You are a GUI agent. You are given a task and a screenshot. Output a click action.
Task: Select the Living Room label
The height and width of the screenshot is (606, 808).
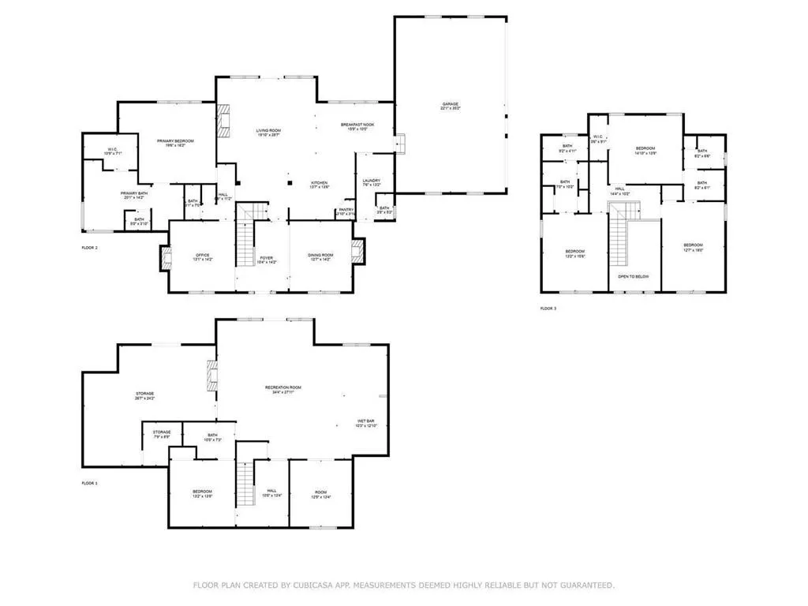268,132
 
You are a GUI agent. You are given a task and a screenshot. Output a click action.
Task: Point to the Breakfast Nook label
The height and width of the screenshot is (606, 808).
357,125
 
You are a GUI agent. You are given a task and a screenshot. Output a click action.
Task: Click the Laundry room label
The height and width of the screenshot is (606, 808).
371,182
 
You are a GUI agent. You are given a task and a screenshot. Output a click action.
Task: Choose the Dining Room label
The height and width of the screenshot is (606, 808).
320,256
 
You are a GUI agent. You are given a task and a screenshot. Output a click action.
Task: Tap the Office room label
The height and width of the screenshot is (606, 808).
201,256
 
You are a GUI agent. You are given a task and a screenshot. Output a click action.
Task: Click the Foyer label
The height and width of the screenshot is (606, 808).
267,256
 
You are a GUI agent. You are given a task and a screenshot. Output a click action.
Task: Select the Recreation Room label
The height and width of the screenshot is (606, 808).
282,389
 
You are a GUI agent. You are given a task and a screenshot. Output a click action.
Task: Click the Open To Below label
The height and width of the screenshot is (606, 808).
634,277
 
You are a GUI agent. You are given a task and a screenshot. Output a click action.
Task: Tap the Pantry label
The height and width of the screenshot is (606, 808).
346,211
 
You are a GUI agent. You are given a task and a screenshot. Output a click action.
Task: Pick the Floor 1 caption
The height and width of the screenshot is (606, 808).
89,483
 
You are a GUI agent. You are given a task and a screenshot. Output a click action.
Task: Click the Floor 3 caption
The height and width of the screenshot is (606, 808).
548,309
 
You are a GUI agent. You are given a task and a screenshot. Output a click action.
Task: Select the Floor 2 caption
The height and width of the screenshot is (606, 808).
89,248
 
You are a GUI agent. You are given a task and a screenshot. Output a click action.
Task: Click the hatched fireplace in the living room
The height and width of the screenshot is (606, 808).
225,121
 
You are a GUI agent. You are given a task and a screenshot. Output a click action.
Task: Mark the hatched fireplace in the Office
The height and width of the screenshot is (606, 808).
165,258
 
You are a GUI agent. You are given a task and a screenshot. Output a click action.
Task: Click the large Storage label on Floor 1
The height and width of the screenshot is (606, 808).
144,395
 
